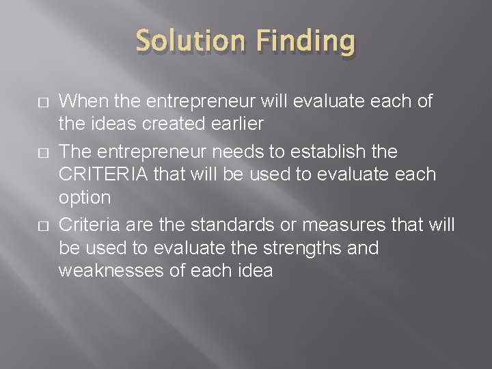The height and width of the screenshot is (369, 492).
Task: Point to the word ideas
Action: click(107, 125)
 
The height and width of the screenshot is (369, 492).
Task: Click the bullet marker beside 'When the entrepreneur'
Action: click(20, 102)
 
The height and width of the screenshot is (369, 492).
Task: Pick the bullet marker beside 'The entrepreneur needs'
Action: click(20, 150)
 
